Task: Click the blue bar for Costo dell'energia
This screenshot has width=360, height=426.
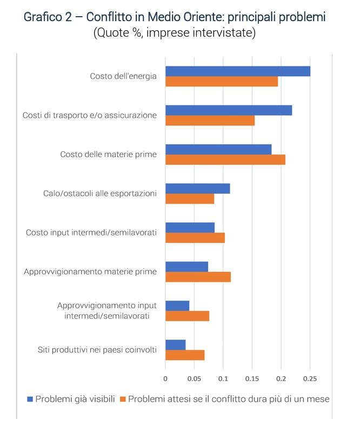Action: pyautogui.click(x=238, y=71)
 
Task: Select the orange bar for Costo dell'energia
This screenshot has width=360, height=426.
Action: pyautogui.click(x=222, y=82)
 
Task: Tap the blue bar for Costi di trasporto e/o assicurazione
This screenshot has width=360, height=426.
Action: pyautogui.click(x=229, y=110)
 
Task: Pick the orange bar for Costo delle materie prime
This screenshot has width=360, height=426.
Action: pyautogui.click(x=225, y=160)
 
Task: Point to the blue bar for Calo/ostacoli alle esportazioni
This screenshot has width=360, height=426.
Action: pyautogui.click(x=198, y=188)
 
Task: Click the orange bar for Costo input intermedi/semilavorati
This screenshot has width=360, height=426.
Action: pyautogui.click(x=195, y=238)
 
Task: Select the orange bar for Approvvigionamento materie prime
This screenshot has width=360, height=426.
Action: pyautogui.click(x=198, y=277)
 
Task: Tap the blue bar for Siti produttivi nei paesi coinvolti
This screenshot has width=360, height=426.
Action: pyautogui.click(x=176, y=344)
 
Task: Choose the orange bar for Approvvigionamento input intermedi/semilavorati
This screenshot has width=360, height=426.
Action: pyautogui.click(x=187, y=316)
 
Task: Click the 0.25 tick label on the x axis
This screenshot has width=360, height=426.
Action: pyautogui.click(x=310, y=378)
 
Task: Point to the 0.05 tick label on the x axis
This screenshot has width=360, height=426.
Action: pyautogui.click(x=194, y=378)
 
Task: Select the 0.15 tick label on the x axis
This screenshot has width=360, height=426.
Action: pyautogui.click(x=252, y=378)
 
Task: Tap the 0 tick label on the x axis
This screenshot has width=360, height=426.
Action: pyautogui.click(x=165, y=378)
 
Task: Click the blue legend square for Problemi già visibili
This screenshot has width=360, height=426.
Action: pyautogui.click(x=30, y=400)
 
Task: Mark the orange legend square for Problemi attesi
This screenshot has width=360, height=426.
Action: pyautogui.click(x=123, y=400)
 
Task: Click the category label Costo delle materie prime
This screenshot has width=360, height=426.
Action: pyautogui.click(x=108, y=154)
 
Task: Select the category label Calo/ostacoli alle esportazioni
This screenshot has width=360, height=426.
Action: pyautogui.click(x=99, y=193)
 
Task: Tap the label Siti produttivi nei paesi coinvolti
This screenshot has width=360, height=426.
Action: pyautogui.click(x=97, y=350)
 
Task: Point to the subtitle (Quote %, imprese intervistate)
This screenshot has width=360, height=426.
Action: pyautogui.click(x=174, y=33)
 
